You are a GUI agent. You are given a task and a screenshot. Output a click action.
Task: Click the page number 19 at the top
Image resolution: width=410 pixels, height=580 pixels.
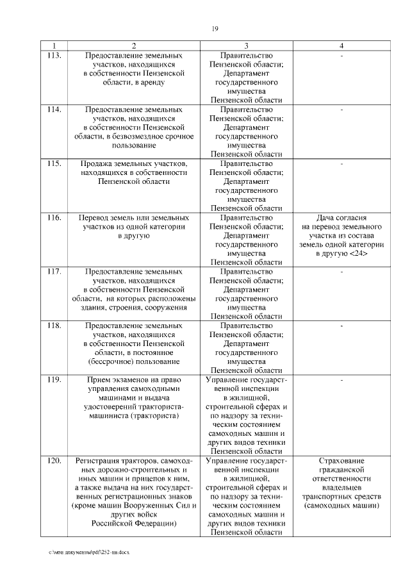[215, 28]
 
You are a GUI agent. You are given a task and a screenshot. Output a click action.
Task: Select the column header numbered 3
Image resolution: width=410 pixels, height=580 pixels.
[246, 46]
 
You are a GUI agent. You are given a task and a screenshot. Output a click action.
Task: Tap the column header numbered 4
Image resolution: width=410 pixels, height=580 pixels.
[342, 46]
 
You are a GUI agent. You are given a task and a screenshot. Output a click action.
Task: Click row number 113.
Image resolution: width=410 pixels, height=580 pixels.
[54, 56]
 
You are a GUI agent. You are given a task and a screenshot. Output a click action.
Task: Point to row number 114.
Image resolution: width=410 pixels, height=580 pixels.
[54, 110]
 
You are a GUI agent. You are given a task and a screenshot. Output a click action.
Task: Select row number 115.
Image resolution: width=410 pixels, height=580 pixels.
[54, 163]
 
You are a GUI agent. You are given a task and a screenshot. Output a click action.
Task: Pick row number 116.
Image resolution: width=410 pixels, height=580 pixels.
[54, 217]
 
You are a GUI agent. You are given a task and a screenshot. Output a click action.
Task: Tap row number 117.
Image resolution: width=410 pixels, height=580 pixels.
[54, 272]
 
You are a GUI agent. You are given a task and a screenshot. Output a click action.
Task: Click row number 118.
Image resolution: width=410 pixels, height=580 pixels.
[54, 326]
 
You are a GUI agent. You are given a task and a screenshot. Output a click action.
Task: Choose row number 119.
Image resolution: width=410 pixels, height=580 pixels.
[54, 379]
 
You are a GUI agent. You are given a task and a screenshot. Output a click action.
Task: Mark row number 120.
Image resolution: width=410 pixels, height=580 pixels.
[54, 461]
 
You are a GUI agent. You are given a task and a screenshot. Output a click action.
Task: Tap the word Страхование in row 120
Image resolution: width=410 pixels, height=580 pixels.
[342, 461]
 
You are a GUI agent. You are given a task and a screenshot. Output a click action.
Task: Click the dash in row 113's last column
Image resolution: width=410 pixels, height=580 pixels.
[342, 56]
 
